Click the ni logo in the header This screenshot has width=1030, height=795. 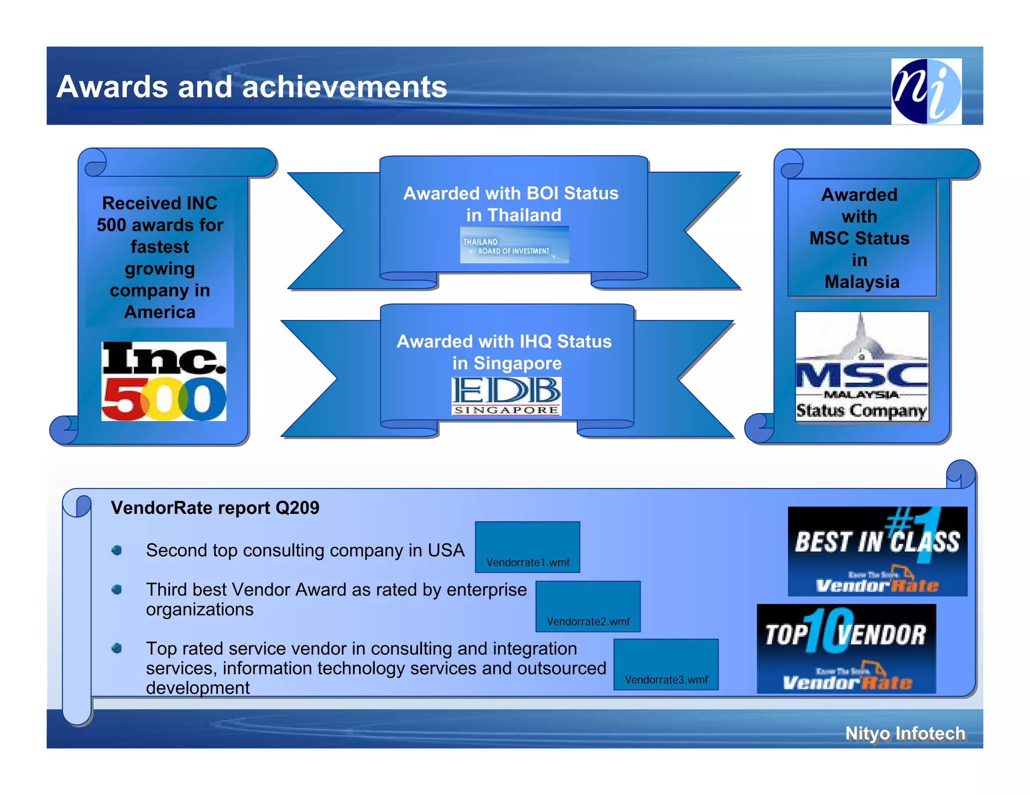tap(926, 91)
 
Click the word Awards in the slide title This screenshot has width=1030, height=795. tap(112, 87)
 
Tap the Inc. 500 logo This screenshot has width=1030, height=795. tap(163, 381)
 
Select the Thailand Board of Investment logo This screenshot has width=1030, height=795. tap(514, 245)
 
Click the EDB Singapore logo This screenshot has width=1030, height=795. tap(506, 396)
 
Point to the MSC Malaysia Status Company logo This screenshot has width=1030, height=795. tap(862, 366)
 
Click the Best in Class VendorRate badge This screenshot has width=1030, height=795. tap(877, 551)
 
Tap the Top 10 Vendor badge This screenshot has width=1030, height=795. tap(846, 649)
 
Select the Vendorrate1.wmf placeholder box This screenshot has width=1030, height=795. tap(527, 547)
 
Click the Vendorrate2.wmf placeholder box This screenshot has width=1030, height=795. tap(587, 606)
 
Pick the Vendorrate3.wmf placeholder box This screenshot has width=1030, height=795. tap(666, 664)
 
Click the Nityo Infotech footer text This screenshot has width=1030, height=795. tap(905, 733)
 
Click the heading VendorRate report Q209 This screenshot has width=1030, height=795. tap(215, 508)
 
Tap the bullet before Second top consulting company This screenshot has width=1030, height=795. tap(117, 550)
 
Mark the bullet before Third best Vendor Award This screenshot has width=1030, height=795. tap(117, 589)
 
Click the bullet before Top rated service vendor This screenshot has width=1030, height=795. tap(117, 648)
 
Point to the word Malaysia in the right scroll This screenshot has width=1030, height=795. tap(862, 282)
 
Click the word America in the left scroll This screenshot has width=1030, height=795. tap(160, 312)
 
